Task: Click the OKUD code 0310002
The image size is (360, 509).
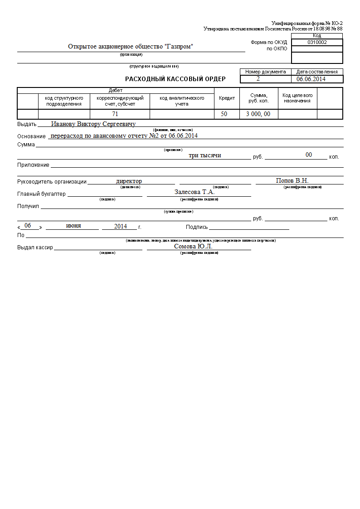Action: (317, 42)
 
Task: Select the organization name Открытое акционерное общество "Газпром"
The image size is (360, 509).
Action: (131, 47)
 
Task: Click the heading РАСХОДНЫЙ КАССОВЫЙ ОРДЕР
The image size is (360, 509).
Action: (175, 79)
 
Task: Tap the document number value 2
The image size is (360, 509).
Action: (258, 79)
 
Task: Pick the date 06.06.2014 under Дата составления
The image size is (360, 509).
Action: (311, 79)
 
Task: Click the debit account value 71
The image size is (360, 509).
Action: (115, 114)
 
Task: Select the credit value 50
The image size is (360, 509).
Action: (224, 114)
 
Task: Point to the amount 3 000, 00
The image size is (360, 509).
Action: (258, 114)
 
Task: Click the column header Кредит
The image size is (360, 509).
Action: (227, 98)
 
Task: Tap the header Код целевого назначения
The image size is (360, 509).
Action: (297, 98)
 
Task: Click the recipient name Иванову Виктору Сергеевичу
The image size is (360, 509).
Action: (93, 124)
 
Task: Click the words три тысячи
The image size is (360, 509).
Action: (205, 155)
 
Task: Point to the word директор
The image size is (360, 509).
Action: (129, 181)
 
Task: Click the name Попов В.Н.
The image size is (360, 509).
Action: (292, 181)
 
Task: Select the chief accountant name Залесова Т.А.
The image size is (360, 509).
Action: (195, 192)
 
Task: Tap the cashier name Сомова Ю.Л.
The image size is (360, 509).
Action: (193, 247)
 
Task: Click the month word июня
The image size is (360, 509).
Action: (73, 226)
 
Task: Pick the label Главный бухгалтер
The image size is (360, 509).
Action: (41, 194)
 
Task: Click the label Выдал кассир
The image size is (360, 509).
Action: (35, 248)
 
